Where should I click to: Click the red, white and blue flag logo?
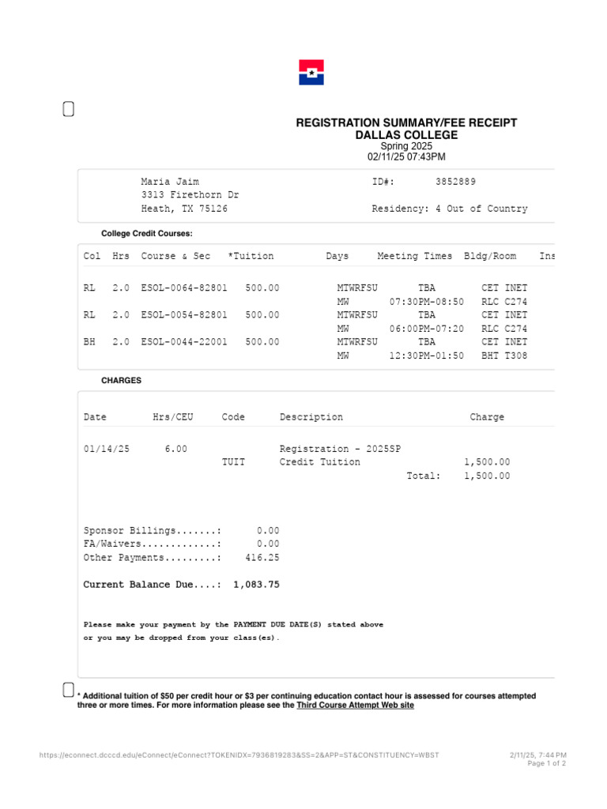[x=311, y=73]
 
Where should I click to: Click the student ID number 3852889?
[x=455, y=182]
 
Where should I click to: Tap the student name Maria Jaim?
[x=170, y=182]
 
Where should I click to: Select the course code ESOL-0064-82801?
[x=184, y=288]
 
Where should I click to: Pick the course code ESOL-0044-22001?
[x=184, y=342]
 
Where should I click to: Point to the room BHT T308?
[x=504, y=356]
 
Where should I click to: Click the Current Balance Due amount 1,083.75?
[x=256, y=585]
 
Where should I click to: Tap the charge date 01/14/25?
[x=107, y=449]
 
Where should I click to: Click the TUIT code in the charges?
[x=234, y=462]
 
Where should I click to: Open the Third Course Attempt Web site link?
[x=355, y=706]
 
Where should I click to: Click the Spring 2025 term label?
[x=406, y=146]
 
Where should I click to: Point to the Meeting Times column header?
[x=415, y=256]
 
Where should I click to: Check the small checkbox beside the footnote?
[x=69, y=690]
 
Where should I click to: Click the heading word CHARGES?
[x=122, y=380]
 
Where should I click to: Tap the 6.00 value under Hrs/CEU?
[x=176, y=449]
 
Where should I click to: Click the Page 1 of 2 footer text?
[x=546, y=764]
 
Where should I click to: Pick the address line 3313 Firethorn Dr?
[x=190, y=195]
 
